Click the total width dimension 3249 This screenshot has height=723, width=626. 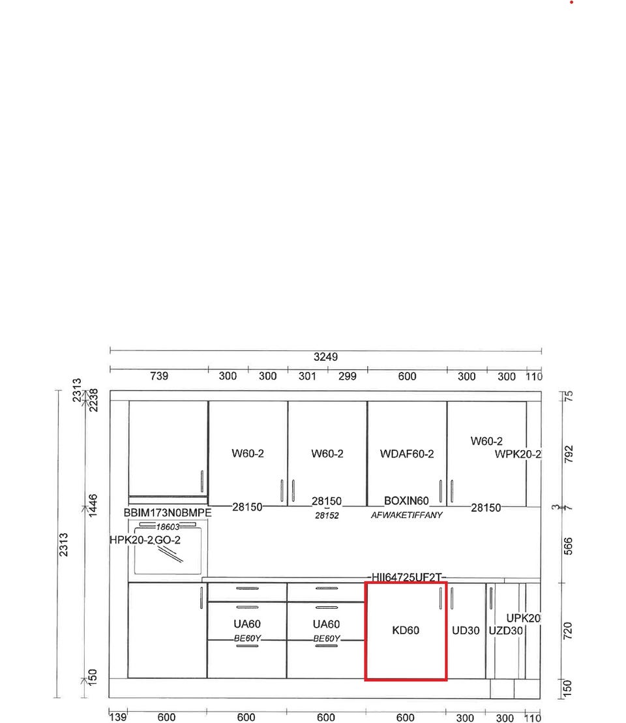coord(325,357)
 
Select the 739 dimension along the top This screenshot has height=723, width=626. coord(159,376)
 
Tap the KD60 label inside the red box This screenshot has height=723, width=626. coord(406,630)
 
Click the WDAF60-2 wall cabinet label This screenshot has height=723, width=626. coord(407,454)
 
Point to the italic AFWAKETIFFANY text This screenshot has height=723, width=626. coord(406,515)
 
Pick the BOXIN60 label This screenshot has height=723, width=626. coord(406,500)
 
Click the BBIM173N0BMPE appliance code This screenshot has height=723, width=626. coord(168,513)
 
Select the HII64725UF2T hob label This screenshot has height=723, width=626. coord(407,577)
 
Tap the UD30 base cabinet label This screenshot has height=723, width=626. coord(466,630)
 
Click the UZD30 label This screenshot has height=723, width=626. coord(505,631)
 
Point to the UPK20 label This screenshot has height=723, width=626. coord(523,619)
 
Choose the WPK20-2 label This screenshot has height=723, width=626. coord(518,454)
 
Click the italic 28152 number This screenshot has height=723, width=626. coord(327,515)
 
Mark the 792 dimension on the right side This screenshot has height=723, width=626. coord(569,454)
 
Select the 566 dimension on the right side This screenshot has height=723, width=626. coord(569,546)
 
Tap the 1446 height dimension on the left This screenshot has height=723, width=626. coord(93,506)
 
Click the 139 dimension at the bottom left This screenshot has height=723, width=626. coord(117,717)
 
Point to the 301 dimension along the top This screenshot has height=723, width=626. coord(307,377)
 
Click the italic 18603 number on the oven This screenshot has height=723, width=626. coord(168,527)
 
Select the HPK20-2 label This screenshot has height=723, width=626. coord(131,540)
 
